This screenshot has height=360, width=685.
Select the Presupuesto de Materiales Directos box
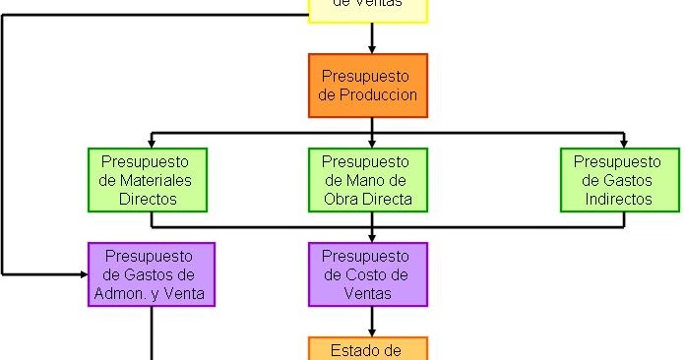point(148,180)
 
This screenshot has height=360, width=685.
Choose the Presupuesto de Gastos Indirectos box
point(619,180)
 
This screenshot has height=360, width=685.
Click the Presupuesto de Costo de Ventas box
point(368,273)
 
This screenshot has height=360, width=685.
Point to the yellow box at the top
point(368,10)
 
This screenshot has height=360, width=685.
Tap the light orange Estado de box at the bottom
point(368,349)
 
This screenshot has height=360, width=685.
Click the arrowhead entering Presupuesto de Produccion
point(372,48)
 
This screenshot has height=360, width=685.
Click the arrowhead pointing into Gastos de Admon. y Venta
point(82,272)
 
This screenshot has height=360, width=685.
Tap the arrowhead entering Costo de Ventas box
point(372,237)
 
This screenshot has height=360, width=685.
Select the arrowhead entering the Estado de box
point(372,331)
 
